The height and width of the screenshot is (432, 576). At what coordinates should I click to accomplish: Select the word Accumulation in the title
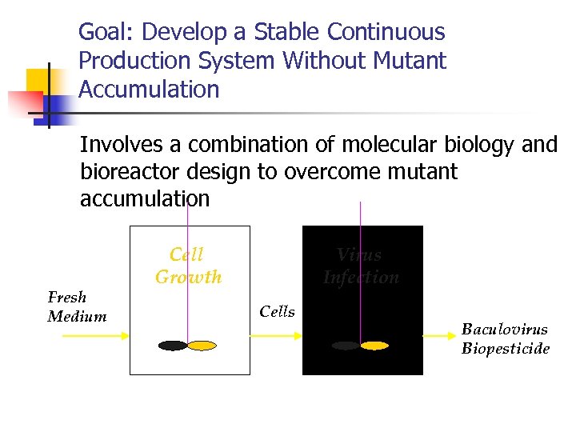(149, 90)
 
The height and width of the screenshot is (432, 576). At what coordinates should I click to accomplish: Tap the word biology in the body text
(485, 145)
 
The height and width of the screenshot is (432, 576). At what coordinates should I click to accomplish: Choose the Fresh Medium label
(77, 307)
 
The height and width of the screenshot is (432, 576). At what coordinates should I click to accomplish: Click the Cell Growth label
(189, 266)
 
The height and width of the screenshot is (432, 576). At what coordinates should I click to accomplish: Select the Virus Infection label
(361, 266)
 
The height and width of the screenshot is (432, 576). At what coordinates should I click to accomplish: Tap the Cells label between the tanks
(277, 312)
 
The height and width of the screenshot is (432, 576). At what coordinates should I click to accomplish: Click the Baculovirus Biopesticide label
(505, 339)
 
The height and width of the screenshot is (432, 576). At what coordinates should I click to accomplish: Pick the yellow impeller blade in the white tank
(202, 346)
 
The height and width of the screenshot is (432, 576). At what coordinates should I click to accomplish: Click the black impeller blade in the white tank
(173, 346)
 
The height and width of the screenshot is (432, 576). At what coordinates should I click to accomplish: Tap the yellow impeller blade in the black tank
(374, 346)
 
